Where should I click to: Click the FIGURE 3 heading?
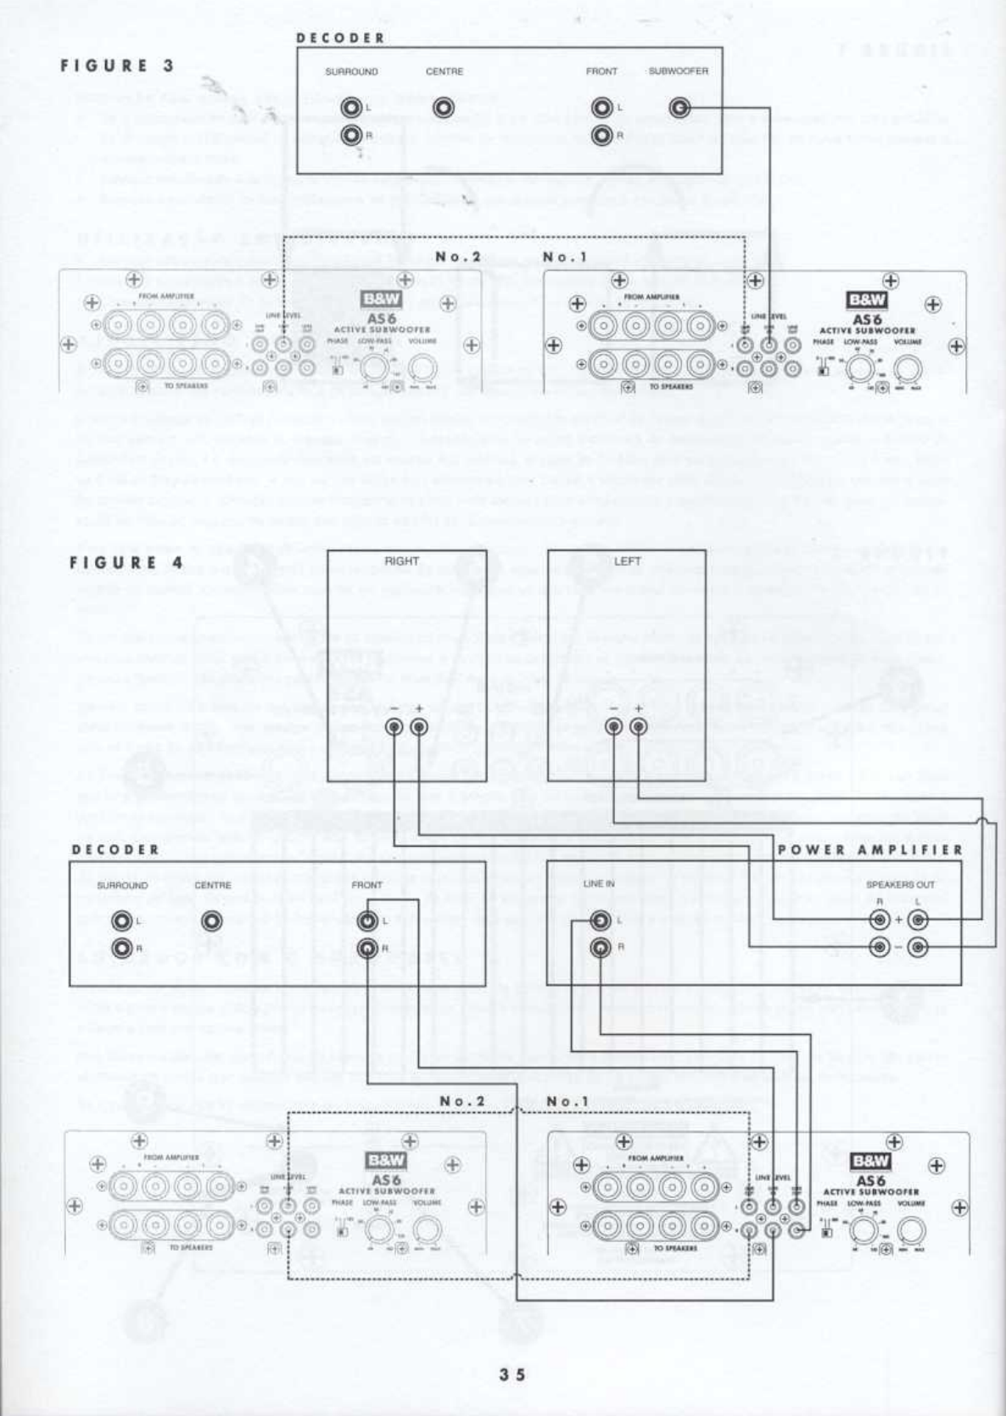point(117,65)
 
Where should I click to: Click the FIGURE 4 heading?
point(126,562)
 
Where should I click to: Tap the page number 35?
point(511,1374)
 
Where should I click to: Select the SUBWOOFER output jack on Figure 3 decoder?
point(679,108)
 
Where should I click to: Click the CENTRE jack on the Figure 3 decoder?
point(444,108)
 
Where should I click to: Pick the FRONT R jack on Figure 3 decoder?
point(602,135)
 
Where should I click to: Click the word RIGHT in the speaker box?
point(401,561)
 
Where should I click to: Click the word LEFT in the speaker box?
point(627,561)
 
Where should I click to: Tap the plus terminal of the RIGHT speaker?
point(418,727)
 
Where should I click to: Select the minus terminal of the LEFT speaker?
point(614,727)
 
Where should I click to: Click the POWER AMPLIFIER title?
point(870,849)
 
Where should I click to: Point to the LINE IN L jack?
point(600,921)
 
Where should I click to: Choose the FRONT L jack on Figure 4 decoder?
point(367,921)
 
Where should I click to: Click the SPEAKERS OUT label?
point(900,884)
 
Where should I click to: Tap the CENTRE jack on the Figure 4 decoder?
point(212,921)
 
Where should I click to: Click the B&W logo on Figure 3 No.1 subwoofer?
point(868,299)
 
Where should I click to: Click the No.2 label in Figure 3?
point(458,256)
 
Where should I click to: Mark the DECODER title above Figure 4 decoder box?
point(115,849)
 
